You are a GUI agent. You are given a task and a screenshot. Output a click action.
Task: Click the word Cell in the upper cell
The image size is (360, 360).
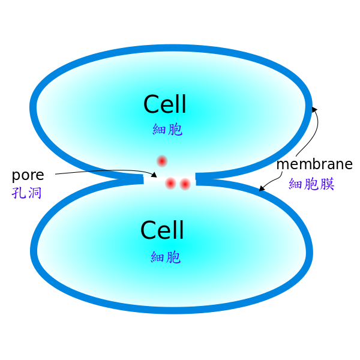[164, 104]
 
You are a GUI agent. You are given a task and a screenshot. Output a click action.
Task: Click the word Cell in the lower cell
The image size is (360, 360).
[162, 230]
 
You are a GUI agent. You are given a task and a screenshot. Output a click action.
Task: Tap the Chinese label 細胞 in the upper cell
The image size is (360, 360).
[167, 129]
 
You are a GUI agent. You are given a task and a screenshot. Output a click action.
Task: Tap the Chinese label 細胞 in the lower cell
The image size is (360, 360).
[166, 257]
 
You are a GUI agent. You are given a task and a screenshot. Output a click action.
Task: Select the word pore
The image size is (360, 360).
[28, 176]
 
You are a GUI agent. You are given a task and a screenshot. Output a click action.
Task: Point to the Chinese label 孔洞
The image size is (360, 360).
[26, 193]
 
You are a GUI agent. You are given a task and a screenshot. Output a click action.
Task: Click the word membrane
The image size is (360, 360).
[314, 164]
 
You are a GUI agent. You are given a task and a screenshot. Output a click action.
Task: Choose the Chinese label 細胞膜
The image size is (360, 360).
[311, 184]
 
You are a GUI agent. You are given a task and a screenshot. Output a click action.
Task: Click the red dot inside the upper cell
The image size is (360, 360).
[162, 161]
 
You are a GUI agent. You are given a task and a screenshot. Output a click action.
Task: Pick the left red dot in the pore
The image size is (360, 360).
[170, 184]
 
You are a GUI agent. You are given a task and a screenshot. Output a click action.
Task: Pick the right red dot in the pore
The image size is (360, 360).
[185, 184]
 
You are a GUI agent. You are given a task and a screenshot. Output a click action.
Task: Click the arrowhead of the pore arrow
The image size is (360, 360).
[154, 175]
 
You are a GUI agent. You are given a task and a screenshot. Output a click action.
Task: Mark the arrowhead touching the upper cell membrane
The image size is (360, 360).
[314, 110]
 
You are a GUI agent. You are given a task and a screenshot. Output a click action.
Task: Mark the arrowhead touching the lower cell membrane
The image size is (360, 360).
[262, 188]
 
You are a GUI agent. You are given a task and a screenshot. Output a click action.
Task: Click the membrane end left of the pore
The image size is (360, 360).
[143, 179]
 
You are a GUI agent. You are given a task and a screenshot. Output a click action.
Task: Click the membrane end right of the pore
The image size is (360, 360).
[196, 179]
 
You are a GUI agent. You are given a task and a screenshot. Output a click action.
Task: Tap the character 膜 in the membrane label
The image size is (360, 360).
[328, 184]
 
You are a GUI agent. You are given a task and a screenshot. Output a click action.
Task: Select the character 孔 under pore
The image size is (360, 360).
[19, 193]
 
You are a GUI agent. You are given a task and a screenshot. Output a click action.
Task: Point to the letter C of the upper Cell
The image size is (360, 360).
[152, 104]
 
